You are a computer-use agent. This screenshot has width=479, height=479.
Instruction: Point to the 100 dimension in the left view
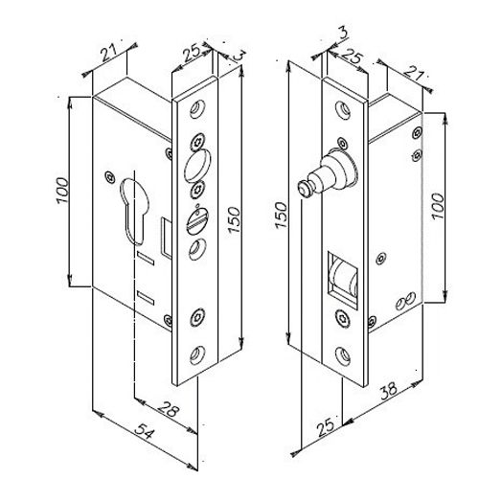(x=64, y=193)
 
